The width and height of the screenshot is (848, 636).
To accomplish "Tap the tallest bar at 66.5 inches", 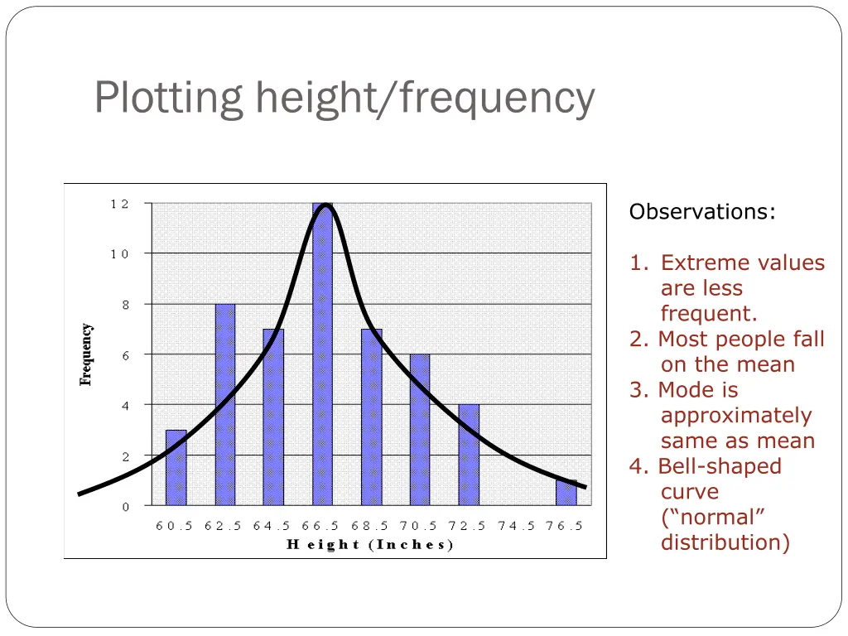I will tap(322, 356).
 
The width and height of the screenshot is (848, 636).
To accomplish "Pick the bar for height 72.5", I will tap(469, 455).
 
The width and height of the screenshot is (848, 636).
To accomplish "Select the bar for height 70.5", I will tap(420, 430).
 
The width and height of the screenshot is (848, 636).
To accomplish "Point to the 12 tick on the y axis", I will tap(119, 204).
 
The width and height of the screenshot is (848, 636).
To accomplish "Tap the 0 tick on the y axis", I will tap(125, 507).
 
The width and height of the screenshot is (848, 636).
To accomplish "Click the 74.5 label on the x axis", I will tap(517, 526).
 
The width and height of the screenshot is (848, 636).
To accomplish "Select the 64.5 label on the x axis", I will tap(272, 526).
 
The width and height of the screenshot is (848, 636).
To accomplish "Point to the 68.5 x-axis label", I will tap(370, 526).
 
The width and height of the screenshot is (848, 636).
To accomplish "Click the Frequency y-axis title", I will tap(86, 354).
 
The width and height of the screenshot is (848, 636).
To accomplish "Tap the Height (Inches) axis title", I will tap(370, 545).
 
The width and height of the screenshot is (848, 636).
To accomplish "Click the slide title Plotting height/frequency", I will tap(344, 98).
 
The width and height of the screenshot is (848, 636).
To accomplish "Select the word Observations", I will tap(701, 212).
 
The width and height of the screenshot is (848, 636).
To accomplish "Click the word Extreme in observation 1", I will tap(701, 263).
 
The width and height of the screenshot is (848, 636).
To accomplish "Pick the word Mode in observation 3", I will tap(698, 390).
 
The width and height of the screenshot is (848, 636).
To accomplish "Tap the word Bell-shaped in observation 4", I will tap(720, 466).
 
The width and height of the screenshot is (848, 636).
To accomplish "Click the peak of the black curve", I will tap(326, 205).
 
